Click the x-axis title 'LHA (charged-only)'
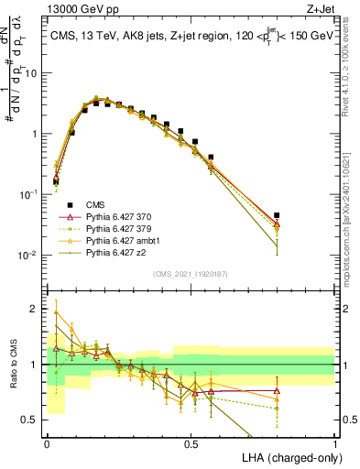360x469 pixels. point(287,456)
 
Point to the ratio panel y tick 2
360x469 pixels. point(35,309)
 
